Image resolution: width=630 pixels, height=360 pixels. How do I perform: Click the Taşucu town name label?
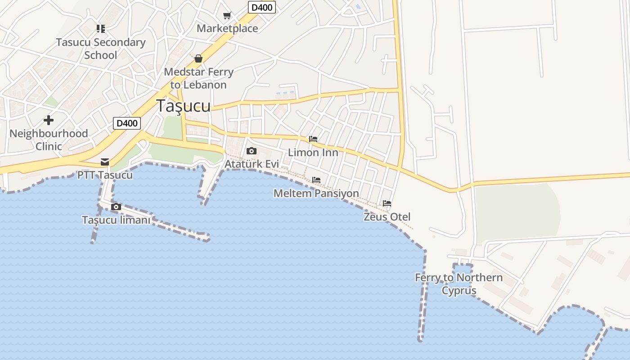[x=183, y=105]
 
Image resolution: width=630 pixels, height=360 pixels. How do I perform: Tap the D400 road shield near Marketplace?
[x=261, y=7]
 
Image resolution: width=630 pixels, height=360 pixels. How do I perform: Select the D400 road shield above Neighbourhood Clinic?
[x=126, y=123]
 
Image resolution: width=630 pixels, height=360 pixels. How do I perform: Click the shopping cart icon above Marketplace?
[x=227, y=16]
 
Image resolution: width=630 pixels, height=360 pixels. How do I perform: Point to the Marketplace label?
[x=227, y=28]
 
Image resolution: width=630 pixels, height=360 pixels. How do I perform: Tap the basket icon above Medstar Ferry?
[x=198, y=58]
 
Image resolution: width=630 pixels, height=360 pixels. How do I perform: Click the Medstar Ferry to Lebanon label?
[x=198, y=78]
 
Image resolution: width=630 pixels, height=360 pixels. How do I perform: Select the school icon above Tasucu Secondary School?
[x=101, y=29]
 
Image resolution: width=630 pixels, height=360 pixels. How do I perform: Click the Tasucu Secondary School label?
[x=101, y=49]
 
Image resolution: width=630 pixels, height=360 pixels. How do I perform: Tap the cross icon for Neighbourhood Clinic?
[x=49, y=120]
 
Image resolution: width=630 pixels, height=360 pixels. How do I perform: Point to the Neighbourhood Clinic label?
[x=49, y=139]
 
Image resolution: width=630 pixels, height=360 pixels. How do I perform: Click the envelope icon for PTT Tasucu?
[x=105, y=162]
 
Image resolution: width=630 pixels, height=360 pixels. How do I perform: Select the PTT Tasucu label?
[x=105, y=175]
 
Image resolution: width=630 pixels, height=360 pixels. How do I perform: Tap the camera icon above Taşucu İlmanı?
[x=116, y=207]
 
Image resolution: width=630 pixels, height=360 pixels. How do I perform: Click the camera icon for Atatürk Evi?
[x=252, y=151]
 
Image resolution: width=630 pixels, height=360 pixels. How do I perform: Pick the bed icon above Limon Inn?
[x=313, y=139]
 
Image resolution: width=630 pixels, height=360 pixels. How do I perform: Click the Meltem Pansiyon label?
[x=316, y=193]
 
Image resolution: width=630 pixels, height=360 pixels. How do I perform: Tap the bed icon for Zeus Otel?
[x=387, y=203]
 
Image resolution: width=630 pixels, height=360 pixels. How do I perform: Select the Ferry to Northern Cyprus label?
[x=459, y=284]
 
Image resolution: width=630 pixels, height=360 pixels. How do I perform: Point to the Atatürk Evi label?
[x=252, y=164]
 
